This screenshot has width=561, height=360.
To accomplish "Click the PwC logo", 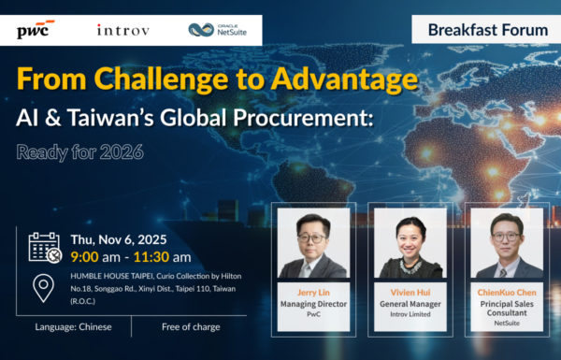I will [36, 29].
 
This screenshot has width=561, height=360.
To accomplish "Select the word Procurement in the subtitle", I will [297, 119].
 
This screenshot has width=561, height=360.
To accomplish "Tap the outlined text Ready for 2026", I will [79, 151].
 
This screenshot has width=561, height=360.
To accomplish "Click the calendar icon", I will [44, 247].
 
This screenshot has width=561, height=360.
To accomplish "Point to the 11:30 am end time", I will [163, 256].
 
